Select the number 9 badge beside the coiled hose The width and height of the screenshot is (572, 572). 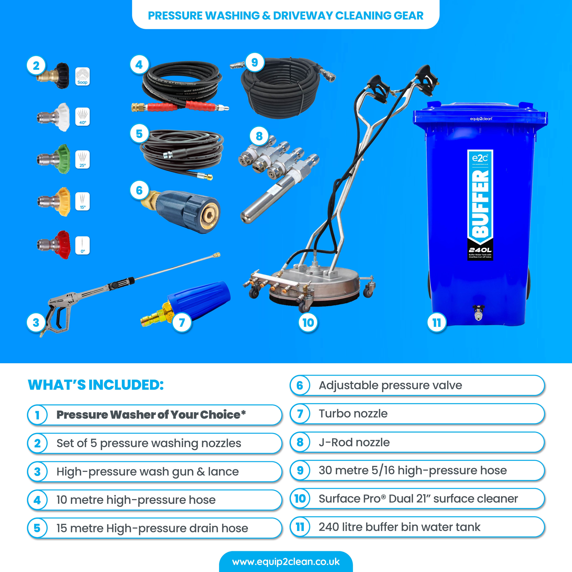pos(254,62)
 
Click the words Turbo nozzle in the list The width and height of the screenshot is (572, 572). pos(353,414)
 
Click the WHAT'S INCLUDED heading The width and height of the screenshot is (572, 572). pos(96,385)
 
